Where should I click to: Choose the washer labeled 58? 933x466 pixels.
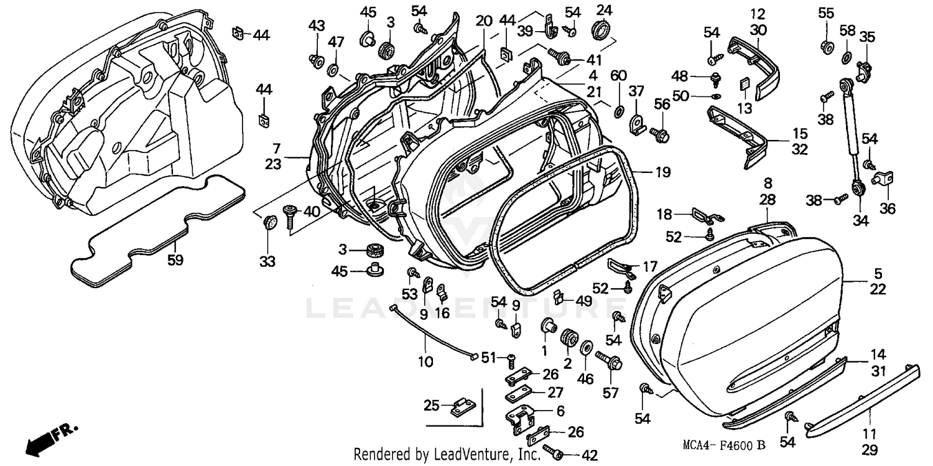click(x=847, y=58)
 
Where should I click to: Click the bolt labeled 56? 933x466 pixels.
click(x=659, y=133)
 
